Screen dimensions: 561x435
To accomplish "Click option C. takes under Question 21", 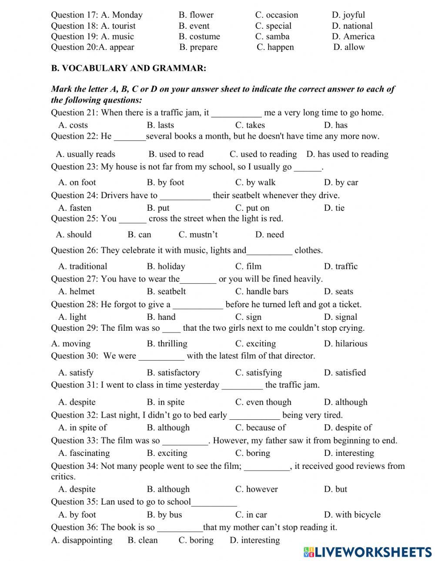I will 250,125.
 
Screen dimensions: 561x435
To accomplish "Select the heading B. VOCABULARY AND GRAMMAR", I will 128,68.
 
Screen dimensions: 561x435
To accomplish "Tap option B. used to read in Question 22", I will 176,154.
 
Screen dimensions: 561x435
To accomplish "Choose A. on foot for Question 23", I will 77,183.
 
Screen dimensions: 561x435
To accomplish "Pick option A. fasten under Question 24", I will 75,208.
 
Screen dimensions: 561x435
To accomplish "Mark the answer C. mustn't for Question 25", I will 198,235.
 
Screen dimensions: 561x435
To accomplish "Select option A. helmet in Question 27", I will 76,292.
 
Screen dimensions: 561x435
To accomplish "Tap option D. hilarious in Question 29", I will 345,344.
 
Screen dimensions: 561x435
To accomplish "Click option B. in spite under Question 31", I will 165,402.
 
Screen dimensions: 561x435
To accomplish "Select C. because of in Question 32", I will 260,428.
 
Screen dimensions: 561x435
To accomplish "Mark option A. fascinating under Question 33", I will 84,453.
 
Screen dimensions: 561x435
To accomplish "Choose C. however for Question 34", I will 256,489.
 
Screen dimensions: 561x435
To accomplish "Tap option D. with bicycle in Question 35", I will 352,515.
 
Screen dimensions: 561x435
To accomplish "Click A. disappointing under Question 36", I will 81,541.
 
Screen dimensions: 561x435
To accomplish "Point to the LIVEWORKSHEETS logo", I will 367,552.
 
